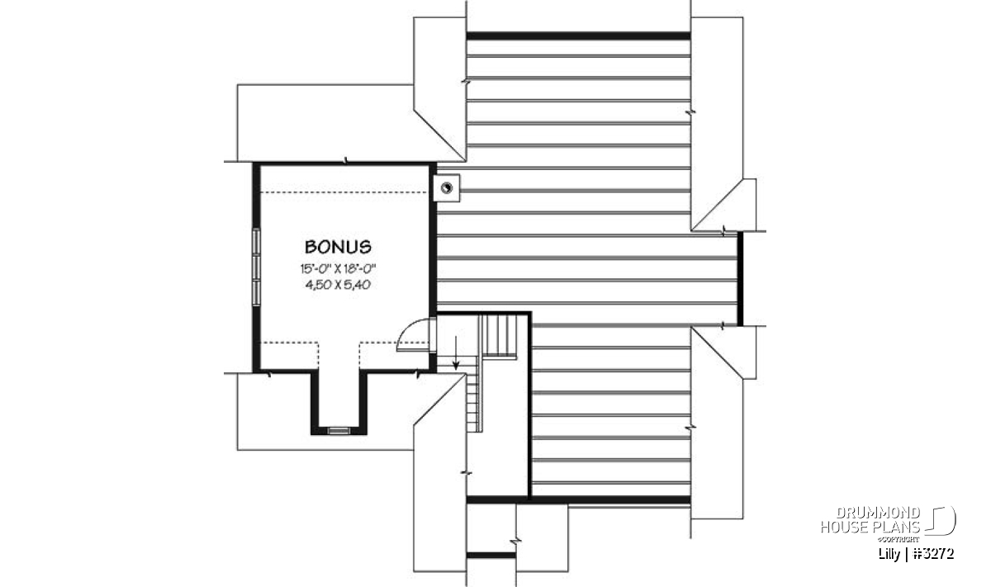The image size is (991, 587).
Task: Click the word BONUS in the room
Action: coord(338,247)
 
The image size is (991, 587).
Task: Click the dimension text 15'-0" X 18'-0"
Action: coord(338,268)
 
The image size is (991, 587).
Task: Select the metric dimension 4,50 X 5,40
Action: coord(338,285)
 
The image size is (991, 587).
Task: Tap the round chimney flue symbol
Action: coord(447,188)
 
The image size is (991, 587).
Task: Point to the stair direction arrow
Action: coord(456,353)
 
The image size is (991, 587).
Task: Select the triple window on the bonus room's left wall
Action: coord(256,267)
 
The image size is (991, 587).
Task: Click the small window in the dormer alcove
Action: coord(339,430)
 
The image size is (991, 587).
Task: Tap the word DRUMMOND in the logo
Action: coord(878,513)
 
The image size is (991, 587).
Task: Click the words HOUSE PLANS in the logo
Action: coord(870,527)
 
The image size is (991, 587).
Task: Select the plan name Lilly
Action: coord(889,554)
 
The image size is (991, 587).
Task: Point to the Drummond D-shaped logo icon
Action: coord(941,521)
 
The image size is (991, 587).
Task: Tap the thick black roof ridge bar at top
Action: coord(578,36)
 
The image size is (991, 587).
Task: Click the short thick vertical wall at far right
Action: coord(740,279)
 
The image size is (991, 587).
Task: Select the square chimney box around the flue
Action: coord(447,188)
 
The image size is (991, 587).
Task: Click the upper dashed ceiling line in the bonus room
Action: coord(344,192)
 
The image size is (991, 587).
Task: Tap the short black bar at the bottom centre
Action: coord(491,555)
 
